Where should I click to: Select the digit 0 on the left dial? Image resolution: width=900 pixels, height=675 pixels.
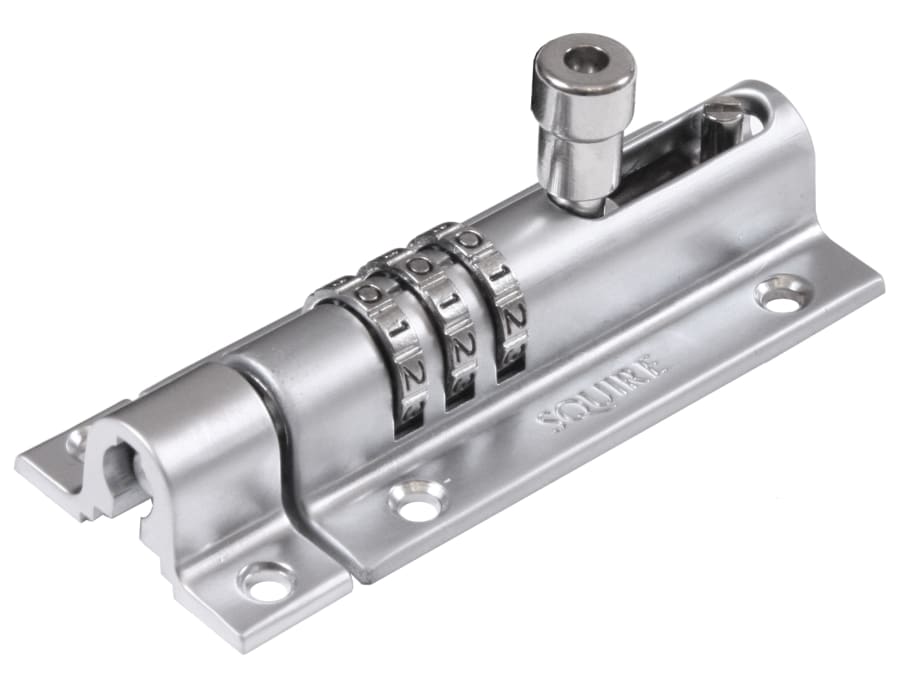tap(369, 295)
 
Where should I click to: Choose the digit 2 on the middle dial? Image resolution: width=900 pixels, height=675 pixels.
tap(462, 349)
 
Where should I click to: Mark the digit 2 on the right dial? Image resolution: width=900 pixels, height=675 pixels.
tap(515, 320)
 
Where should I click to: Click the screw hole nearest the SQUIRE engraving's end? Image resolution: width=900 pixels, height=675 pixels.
tap(780, 293)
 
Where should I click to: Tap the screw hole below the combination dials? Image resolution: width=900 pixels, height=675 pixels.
tap(417, 499)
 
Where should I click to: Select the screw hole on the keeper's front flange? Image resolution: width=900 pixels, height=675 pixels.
tap(268, 581)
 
